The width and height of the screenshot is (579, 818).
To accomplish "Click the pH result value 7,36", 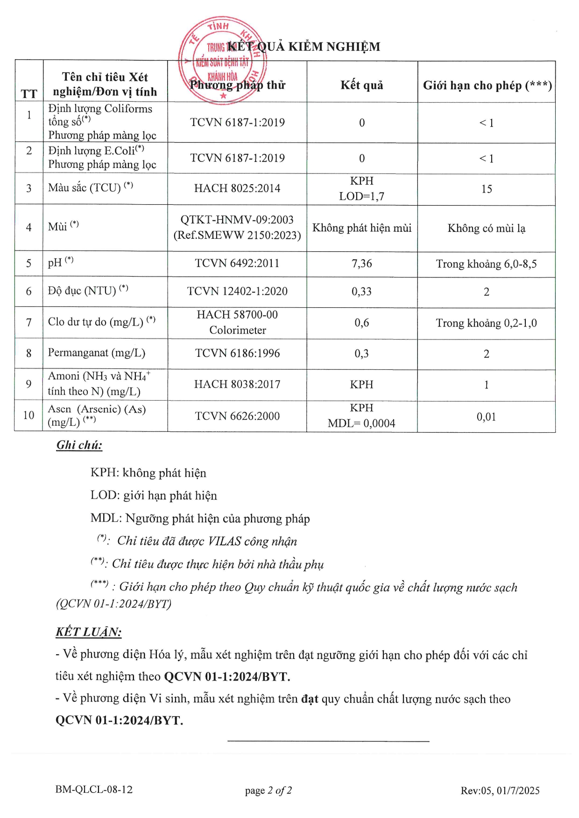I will (361, 263).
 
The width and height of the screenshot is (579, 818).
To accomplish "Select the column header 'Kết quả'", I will (361, 85).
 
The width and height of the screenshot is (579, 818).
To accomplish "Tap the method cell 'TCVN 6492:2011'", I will (237, 263).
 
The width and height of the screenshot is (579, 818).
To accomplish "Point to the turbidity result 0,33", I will (361, 291).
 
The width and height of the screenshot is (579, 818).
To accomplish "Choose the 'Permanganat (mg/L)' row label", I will (97, 353).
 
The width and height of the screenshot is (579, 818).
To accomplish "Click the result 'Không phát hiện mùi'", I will (361, 228).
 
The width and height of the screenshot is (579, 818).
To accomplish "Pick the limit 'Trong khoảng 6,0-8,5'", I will (486, 264).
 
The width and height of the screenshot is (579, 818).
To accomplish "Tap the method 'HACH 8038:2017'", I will (237, 384).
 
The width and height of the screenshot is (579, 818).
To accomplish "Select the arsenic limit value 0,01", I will (486, 416).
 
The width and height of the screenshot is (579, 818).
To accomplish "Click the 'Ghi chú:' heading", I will (79, 445).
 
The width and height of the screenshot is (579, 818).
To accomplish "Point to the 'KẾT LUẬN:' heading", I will (88, 632).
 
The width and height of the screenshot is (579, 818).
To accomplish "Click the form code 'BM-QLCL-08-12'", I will (94, 790).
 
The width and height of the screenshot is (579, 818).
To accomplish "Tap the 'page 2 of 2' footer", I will (268, 790).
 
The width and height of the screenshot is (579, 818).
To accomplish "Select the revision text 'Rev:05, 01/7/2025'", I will (500, 790).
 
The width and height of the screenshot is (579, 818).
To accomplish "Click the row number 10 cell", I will (29, 415).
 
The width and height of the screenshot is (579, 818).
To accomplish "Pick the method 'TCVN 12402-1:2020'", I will (237, 291).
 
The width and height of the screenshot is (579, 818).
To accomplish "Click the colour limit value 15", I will (486, 189).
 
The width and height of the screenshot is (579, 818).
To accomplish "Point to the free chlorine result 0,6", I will (361, 323).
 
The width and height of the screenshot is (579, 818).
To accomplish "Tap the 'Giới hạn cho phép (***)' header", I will (487, 85).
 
